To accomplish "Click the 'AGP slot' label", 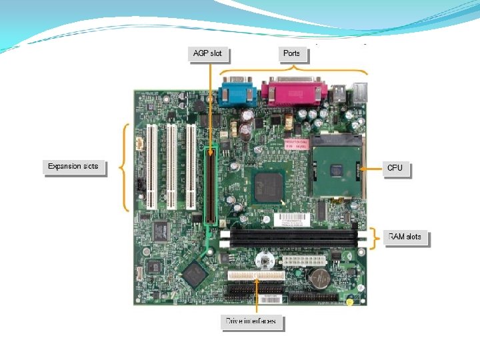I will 207,53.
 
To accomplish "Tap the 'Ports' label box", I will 291,53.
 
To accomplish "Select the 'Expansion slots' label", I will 74,166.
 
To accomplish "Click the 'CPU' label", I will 395,168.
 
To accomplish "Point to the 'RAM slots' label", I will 405,237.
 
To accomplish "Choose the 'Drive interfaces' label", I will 251,321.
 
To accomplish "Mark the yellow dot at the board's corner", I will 349,301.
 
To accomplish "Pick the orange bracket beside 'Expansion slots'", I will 124,167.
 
